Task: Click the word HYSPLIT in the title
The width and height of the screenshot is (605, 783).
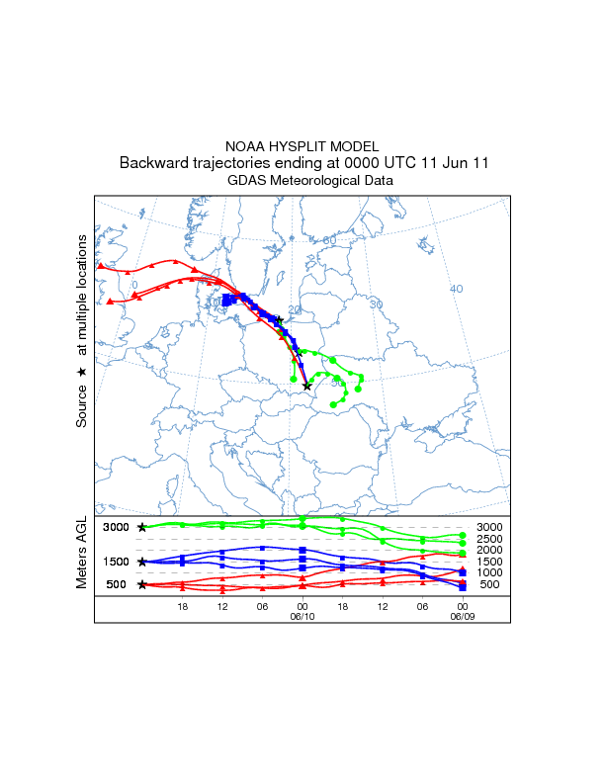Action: tap(302, 146)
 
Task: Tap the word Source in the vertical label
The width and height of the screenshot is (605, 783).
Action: tap(82, 405)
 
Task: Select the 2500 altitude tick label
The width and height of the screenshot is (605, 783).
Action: tap(489, 539)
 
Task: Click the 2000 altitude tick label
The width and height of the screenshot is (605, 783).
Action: tap(489, 551)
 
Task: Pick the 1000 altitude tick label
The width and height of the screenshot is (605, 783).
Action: tap(489, 573)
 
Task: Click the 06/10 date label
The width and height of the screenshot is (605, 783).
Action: tap(302, 614)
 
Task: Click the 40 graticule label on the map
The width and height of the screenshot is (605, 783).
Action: tap(456, 289)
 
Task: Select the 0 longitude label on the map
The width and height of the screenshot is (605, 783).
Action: tap(135, 285)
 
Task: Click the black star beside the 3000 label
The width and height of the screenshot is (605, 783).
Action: tap(142, 528)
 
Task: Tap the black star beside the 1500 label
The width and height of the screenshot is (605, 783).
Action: tap(142, 563)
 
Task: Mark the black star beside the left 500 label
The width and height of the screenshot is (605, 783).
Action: tap(142, 585)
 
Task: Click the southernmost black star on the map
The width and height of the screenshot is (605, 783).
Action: tap(306, 387)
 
